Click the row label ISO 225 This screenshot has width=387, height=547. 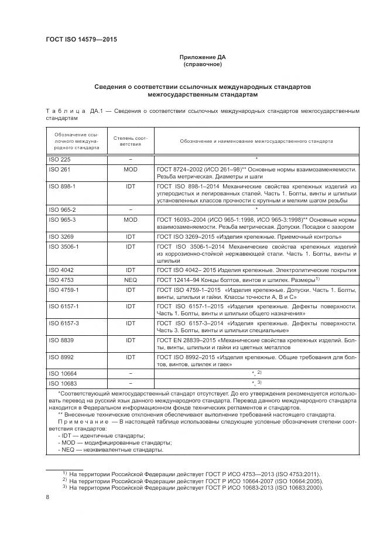pyautogui.click(x=57, y=159)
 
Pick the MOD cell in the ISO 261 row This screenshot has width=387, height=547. pyautogui.click(x=131, y=168)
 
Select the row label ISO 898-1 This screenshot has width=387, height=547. pyautogui.click(x=60, y=185)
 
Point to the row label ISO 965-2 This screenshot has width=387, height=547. pyautogui.click(x=60, y=209)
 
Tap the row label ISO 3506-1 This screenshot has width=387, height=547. pyautogui.click(x=62, y=247)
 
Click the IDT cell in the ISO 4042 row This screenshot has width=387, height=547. pyautogui.click(x=131, y=271)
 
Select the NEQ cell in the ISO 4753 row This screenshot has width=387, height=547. pyautogui.click(x=131, y=281)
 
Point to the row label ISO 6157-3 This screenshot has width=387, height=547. pyautogui.click(x=62, y=322)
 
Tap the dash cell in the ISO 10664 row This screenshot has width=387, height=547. pyautogui.click(x=131, y=373)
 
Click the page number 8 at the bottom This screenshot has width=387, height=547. pyautogui.click(x=48, y=497)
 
